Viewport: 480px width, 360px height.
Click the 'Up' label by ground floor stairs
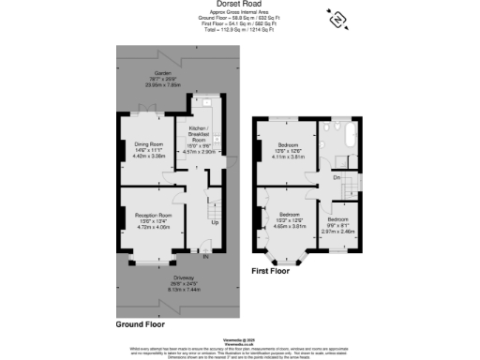pos(214,223)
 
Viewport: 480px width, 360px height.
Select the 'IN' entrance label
pos(205,255)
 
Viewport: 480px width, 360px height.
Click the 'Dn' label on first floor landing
pos(336,176)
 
